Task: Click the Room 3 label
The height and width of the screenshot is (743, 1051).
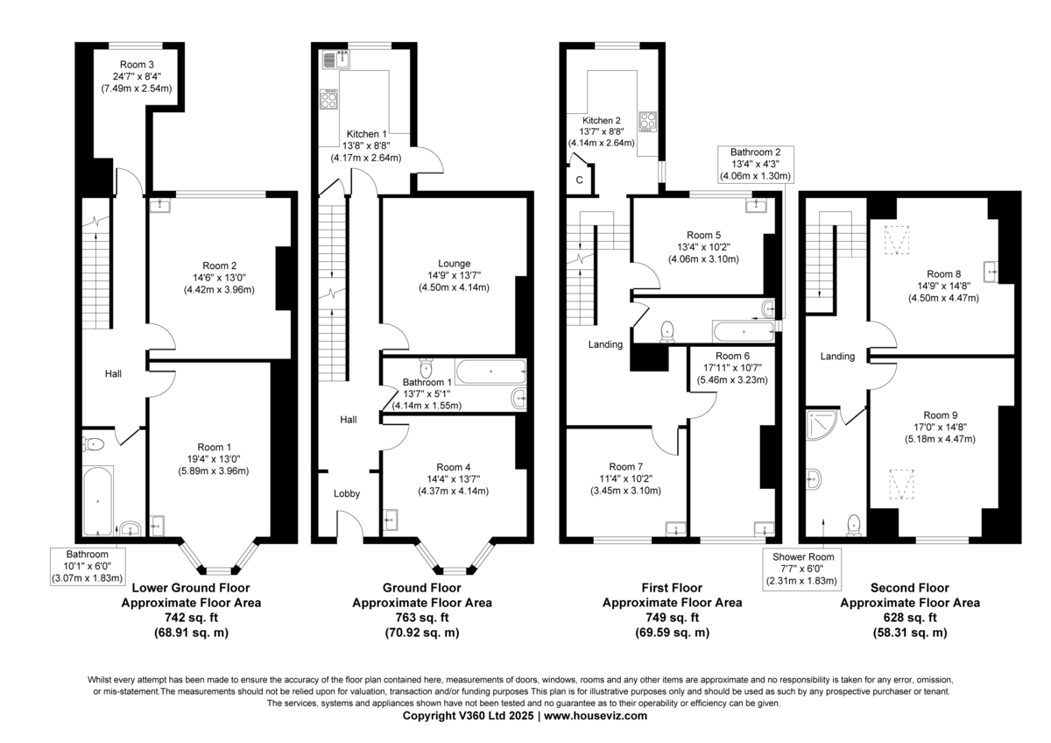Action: tap(138, 64)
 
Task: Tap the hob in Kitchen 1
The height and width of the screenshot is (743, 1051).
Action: tap(330, 98)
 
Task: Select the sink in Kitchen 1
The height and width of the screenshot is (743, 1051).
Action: tap(335, 60)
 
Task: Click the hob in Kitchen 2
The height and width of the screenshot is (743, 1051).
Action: tap(649, 121)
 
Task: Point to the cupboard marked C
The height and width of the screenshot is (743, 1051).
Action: tap(579, 180)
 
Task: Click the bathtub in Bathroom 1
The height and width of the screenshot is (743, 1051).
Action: tap(490, 371)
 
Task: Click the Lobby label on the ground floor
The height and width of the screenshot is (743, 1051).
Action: tap(347, 493)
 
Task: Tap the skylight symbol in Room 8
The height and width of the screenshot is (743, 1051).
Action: tap(893, 239)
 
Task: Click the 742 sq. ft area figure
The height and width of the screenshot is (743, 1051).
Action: tap(190, 617)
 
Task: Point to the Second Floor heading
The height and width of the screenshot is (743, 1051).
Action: tap(910, 588)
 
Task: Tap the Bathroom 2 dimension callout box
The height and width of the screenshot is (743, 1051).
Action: tap(755, 164)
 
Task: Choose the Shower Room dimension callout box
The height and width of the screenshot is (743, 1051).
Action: tap(802, 569)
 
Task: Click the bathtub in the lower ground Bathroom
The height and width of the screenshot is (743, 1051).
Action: tap(98, 499)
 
